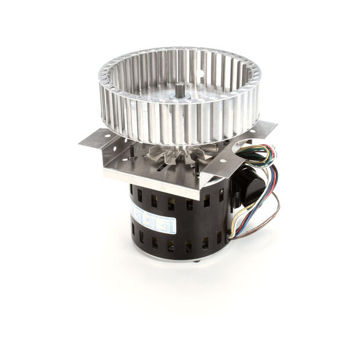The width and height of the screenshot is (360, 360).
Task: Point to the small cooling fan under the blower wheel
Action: (x=168, y=154)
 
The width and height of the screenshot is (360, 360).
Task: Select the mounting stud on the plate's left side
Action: (x=132, y=152)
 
